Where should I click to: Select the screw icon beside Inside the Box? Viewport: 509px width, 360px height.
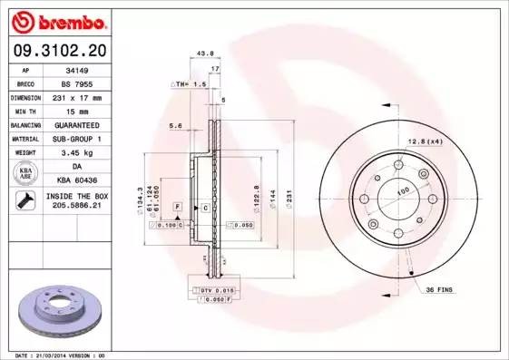[25, 202]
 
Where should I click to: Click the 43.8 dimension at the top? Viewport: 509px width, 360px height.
[204, 54]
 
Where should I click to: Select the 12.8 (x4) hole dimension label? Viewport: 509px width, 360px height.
[425, 141]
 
